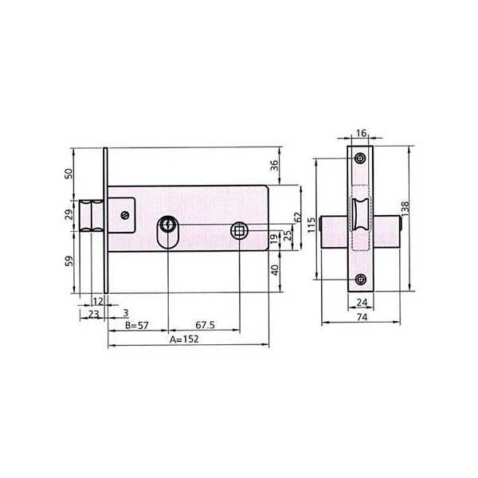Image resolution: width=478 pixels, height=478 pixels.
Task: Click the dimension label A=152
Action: point(184,339)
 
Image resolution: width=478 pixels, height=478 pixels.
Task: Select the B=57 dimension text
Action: point(137,325)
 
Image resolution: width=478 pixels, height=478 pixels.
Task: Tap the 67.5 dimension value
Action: point(206,325)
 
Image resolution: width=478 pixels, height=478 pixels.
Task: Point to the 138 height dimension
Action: point(406,208)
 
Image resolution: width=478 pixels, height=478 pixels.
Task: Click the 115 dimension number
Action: point(311,225)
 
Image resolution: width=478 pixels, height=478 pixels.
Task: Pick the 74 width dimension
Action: point(362,317)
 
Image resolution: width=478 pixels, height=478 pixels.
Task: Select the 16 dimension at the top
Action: point(361,133)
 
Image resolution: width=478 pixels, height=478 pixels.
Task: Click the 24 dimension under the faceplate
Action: point(362,303)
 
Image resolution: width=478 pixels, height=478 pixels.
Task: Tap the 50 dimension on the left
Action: point(69,174)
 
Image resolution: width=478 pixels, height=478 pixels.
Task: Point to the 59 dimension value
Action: point(69,261)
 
